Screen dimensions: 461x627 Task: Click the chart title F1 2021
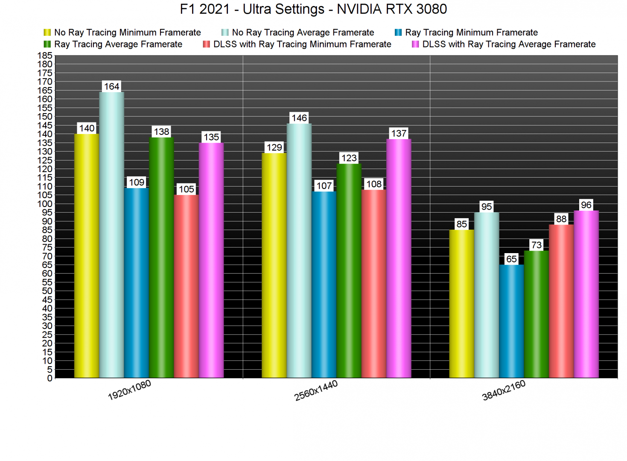pos(313,9)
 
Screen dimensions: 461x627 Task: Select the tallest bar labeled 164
pos(112,235)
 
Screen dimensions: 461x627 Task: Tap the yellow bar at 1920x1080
pos(87,256)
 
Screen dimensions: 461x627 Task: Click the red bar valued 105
pos(187,286)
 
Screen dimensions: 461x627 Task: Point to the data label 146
pos(299,118)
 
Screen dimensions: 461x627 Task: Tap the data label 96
pos(586,205)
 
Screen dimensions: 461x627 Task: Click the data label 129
pos(274,147)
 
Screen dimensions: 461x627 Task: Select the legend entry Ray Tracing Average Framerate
pos(118,44)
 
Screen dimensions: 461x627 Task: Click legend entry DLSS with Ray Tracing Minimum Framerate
pos(302,44)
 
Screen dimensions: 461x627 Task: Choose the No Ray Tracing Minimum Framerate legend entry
pos(127,32)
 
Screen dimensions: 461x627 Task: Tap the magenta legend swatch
pos(415,44)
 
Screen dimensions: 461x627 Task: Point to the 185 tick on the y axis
pos(47,55)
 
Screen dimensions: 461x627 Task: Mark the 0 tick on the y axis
pos(50,378)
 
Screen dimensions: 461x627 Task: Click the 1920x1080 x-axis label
pos(129,390)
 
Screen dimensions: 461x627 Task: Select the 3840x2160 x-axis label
pos(504,391)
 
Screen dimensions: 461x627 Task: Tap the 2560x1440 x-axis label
pos(316,391)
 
